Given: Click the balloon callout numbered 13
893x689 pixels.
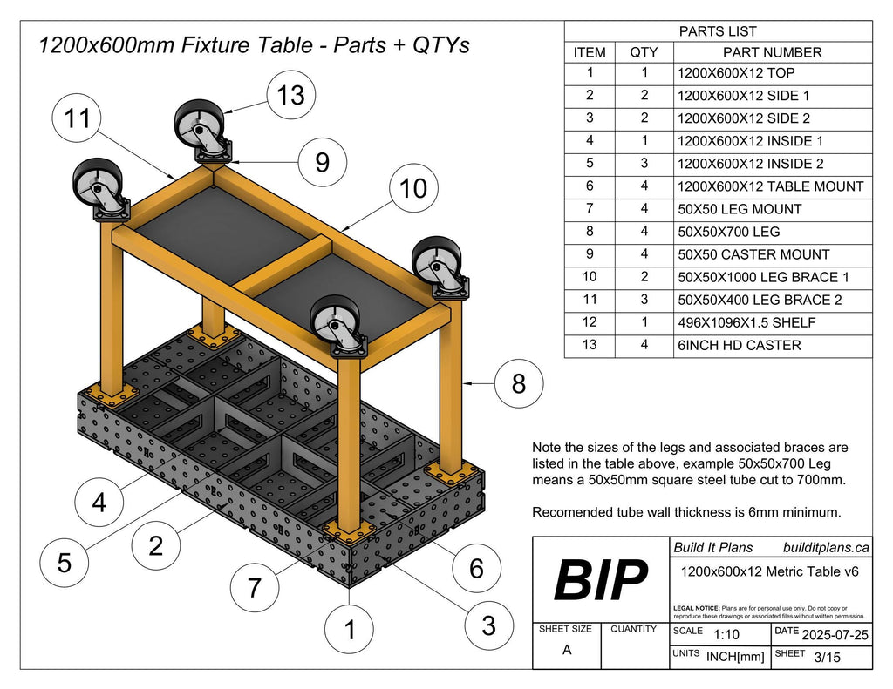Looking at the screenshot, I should click(x=290, y=94).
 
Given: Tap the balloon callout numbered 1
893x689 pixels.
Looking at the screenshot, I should click(x=351, y=629).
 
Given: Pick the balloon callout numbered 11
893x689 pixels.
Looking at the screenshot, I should click(x=78, y=120).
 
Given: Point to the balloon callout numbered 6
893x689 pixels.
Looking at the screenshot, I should click(x=476, y=568).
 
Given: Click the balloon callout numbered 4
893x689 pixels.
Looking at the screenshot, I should click(x=99, y=503).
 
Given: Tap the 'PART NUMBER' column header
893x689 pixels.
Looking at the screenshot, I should click(x=772, y=52).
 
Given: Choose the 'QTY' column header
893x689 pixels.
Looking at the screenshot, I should click(x=644, y=52).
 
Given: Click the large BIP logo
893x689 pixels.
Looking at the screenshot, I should click(x=601, y=580).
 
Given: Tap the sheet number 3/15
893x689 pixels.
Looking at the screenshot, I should click(x=827, y=658).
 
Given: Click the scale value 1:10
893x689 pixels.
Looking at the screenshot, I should click(x=728, y=634).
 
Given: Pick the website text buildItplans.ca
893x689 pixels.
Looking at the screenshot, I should click(x=826, y=547).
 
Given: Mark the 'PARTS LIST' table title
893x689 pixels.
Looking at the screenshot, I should click(x=718, y=31).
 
